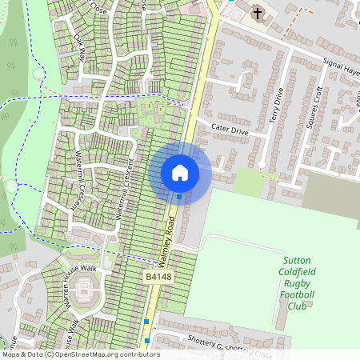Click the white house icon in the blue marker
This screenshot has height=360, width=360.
[x=180, y=172]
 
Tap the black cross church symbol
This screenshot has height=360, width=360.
[x=258, y=13]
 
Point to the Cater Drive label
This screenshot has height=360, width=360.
[x=230, y=129]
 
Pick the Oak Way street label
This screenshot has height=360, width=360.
[x=82, y=49]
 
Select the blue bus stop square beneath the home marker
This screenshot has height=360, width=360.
[x=180, y=196]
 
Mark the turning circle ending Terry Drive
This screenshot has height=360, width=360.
[x=261, y=165]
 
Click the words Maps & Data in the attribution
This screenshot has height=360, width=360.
[x=22, y=354]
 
